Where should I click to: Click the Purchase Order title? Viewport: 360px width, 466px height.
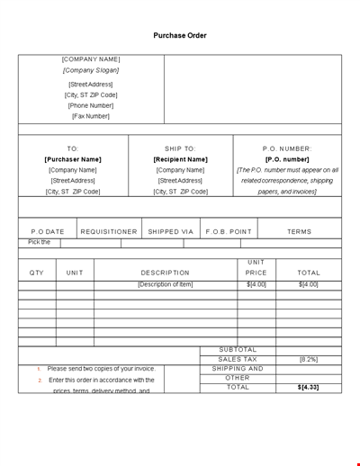pyautogui.click(x=180, y=35)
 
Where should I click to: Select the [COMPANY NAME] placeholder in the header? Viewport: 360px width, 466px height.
pyautogui.click(x=91, y=58)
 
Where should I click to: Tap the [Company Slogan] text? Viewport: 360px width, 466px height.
pyautogui.click(x=91, y=70)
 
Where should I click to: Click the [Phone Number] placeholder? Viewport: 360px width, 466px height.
pyautogui.click(x=91, y=105)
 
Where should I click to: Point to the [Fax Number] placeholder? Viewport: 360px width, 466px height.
pyautogui.click(x=91, y=116)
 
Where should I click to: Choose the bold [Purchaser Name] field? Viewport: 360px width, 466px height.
pyautogui.click(x=73, y=159)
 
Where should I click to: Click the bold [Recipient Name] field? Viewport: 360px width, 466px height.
pyautogui.click(x=180, y=159)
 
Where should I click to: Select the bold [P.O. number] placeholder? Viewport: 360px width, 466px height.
pyautogui.click(x=287, y=159)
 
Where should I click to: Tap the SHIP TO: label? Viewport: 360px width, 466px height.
pyautogui.click(x=180, y=148)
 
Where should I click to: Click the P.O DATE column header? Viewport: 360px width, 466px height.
pyautogui.click(x=48, y=231)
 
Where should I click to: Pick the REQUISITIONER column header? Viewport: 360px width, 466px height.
pyautogui.click(x=109, y=231)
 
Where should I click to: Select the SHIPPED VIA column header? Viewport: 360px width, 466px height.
pyautogui.click(x=171, y=231)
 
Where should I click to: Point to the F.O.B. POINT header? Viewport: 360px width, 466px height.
pyautogui.click(x=229, y=231)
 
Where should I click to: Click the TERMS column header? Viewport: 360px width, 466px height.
pyautogui.click(x=300, y=231)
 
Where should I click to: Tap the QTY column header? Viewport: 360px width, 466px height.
pyautogui.click(x=37, y=272)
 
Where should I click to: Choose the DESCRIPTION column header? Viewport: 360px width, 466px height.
pyautogui.click(x=166, y=272)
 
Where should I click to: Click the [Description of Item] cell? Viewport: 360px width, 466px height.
pyautogui.click(x=166, y=284)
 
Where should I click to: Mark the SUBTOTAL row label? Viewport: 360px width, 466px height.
pyautogui.click(x=238, y=349)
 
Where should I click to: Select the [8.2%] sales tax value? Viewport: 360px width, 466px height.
pyautogui.click(x=309, y=359)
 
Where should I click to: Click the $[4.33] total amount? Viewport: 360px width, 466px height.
pyautogui.click(x=309, y=387)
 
